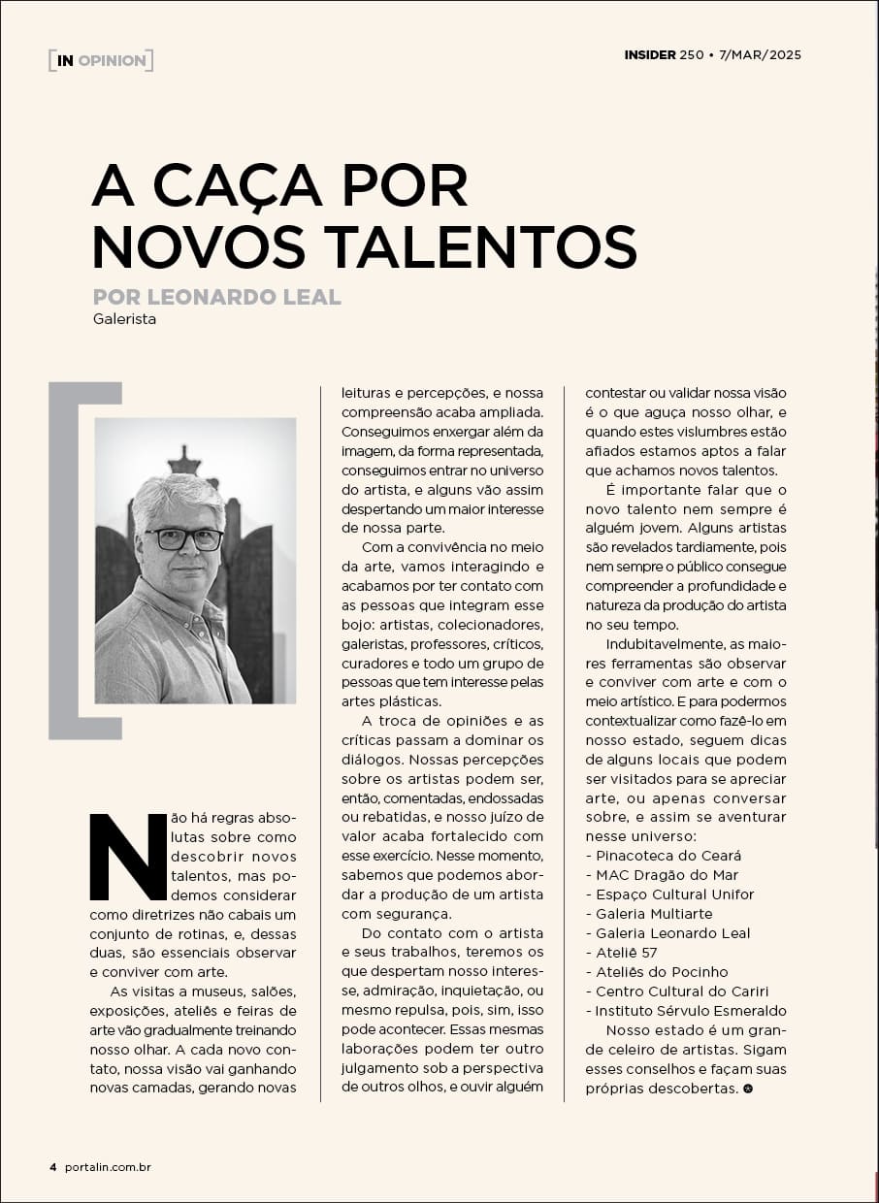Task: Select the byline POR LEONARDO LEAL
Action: coord(217,297)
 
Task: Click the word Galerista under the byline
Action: coord(125,318)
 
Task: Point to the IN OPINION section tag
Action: coord(101,60)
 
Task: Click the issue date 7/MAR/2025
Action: coord(761,55)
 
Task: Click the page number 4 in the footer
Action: coord(53,1167)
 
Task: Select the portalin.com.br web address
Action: coord(108,1167)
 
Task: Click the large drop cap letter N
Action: coord(128,856)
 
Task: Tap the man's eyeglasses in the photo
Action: coord(184,538)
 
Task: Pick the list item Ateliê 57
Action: coord(626,953)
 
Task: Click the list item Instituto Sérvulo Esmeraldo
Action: coord(691,1011)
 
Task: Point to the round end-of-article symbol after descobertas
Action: coord(747,1089)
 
